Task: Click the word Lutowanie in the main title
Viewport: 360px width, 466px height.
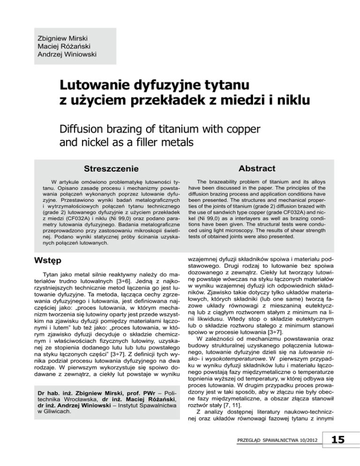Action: (103, 86)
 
